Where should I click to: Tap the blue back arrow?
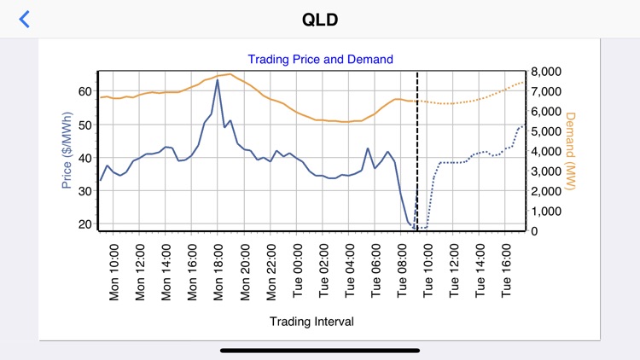25,19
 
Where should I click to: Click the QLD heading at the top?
320,19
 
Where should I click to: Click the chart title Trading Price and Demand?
320,59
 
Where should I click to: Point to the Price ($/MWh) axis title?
67,151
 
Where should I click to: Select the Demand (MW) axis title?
571,151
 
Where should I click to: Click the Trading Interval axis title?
311,322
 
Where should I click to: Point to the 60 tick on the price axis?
84,91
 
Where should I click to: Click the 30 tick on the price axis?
84,191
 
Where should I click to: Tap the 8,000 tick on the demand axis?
547,72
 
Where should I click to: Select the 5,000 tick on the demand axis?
547,131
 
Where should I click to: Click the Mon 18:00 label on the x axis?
219,270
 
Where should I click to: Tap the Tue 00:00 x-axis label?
298,270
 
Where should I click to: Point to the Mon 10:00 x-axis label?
114,270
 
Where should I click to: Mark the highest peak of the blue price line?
218,80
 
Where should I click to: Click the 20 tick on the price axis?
84,224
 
